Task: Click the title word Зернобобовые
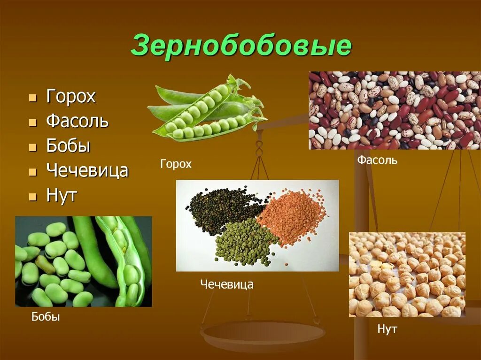[x=241, y=46]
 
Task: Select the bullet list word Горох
[x=71, y=97]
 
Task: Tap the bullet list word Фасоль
[x=78, y=122]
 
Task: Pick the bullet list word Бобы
[x=68, y=146]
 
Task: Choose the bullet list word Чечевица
[x=87, y=170]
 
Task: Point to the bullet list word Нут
[x=61, y=195]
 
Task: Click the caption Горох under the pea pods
[x=176, y=164]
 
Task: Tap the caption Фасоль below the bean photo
[x=377, y=160]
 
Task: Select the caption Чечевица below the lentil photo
[x=227, y=284]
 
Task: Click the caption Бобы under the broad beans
[x=46, y=317]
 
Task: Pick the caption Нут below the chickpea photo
[x=387, y=329]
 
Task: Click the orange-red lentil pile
[x=291, y=216]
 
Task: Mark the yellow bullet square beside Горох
[x=32, y=98]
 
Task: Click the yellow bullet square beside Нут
[x=32, y=196]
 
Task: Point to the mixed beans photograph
[x=395, y=110]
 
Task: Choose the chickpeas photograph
[x=407, y=275]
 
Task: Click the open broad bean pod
[x=124, y=263]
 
